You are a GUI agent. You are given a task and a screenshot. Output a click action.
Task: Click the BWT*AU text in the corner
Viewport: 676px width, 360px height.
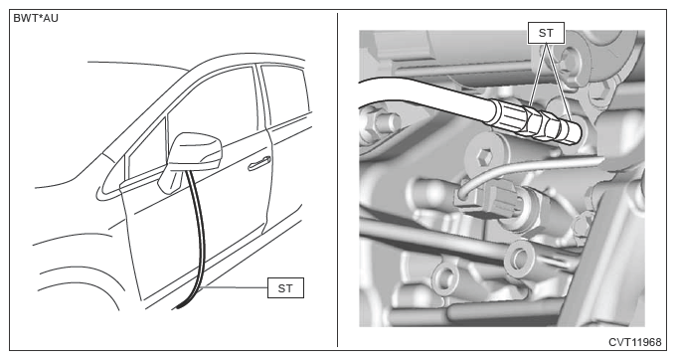36,18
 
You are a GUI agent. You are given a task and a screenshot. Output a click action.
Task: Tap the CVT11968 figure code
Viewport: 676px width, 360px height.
634,342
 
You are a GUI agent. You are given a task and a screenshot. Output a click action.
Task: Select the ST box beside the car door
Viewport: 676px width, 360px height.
285,288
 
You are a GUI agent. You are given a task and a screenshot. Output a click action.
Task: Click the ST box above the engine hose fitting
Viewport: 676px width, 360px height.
546,33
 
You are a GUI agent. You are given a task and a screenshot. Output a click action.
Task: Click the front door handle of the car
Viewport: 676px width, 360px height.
259,163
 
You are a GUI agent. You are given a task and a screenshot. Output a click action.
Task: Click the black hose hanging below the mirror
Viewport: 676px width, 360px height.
196,242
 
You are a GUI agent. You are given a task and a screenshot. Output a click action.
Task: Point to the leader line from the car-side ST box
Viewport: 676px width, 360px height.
235,287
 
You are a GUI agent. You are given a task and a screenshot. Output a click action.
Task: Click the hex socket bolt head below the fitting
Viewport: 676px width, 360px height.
484,156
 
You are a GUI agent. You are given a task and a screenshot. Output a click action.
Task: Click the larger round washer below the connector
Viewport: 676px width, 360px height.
519,258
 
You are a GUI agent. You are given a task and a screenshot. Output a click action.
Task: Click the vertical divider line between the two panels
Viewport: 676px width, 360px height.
337,180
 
